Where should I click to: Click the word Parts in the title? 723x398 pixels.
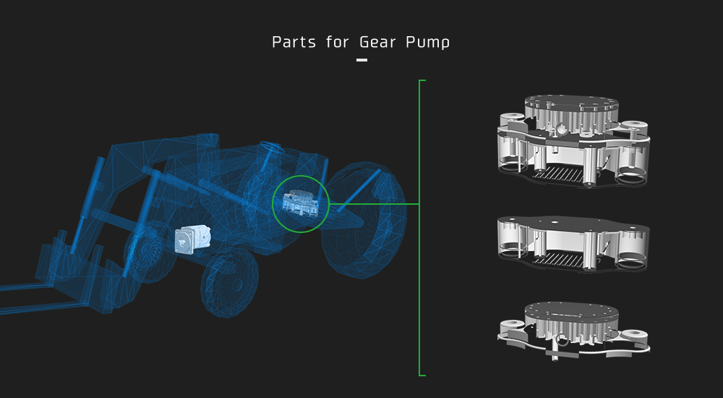tap(294, 42)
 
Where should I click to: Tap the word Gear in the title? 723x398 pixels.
tap(377, 42)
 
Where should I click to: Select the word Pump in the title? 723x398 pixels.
tap(428, 43)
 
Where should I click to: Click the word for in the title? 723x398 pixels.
tap(338, 42)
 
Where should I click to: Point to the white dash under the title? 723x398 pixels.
tap(362, 59)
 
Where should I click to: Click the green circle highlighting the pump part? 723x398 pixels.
tap(301, 176)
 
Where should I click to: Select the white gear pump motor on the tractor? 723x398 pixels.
tap(193, 240)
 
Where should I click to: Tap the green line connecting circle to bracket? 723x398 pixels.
tap(374, 203)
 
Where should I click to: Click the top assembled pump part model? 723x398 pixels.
tap(573, 141)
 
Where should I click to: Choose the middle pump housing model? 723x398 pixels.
tap(573, 243)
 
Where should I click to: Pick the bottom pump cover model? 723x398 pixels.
tap(573, 331)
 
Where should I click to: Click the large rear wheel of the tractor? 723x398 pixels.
tap(364, 220)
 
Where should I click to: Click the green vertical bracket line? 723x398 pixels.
tap(419, 228)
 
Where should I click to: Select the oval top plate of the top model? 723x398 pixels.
tap(571, 103)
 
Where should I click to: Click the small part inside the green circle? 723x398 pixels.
tap(300, 203)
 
